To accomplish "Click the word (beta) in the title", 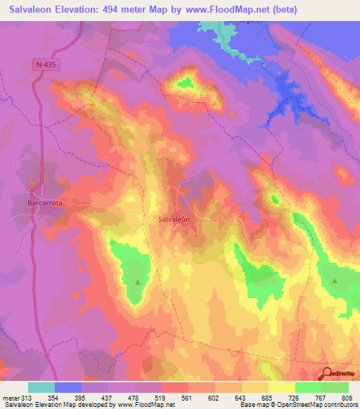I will click(285, 10).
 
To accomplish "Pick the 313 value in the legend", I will click(28, 397).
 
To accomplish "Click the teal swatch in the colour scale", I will click(41, 387).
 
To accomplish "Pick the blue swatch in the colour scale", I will click(68, 387).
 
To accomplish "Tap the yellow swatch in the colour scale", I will click(281, 387).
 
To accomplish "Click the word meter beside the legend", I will click(11, 397).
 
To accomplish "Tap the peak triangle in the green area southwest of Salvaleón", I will click(138, 283).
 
